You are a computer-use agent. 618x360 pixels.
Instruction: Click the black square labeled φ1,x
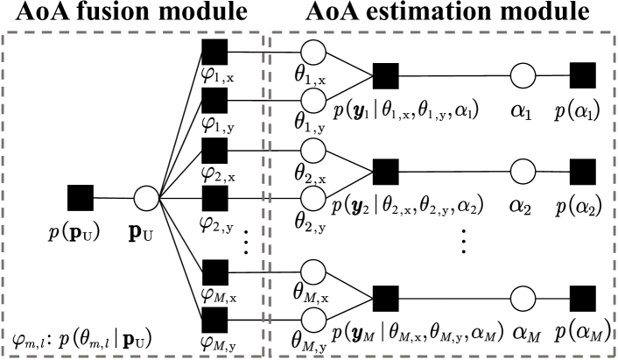coord(214,51)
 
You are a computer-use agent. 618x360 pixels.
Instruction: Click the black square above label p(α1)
coord(582,76)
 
